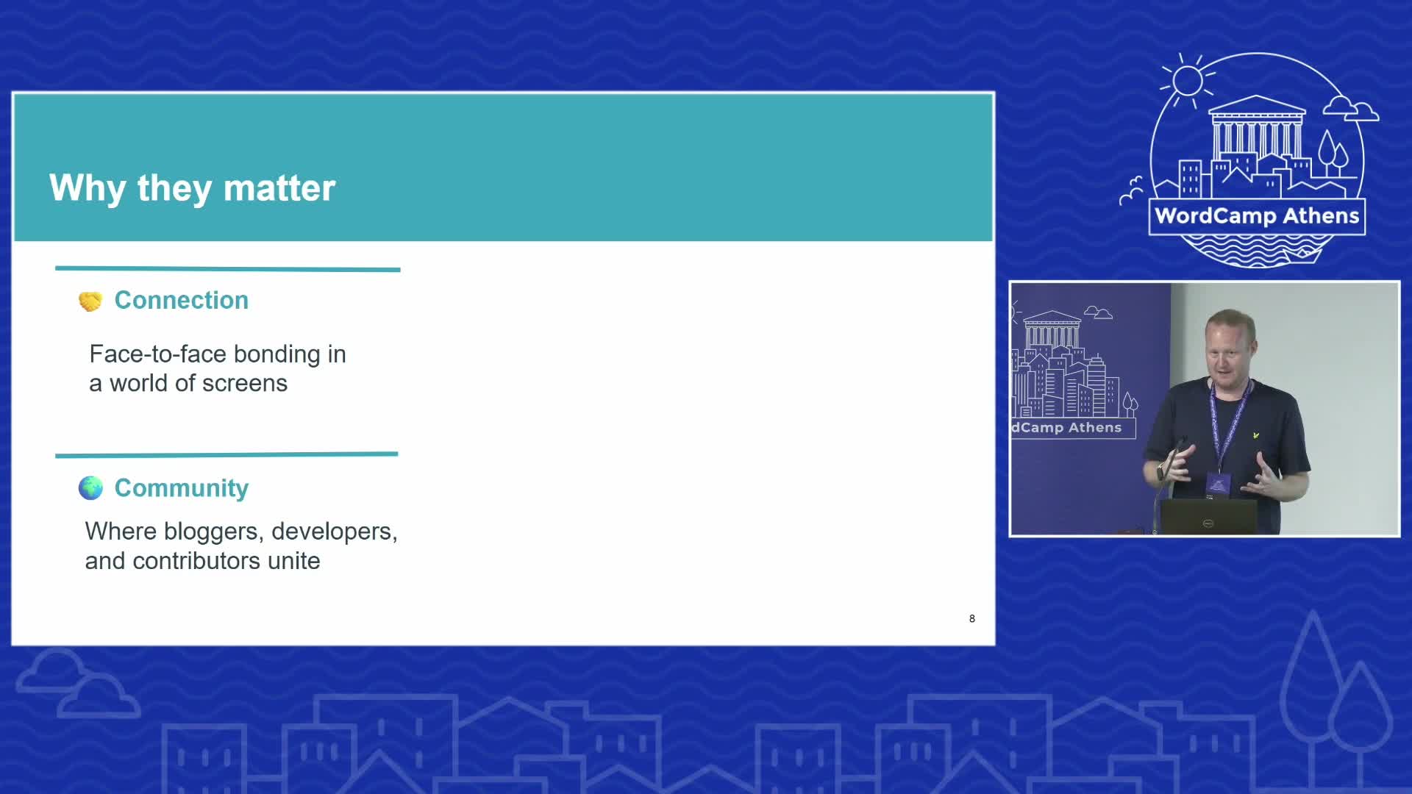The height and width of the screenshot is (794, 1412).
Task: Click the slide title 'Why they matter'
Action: pyautogui.click(x=193, y=188)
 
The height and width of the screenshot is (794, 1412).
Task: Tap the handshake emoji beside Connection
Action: pyautogui.click(x=90, y=301)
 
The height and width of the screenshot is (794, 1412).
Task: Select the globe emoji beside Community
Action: pyautogui.click(x=90, y=488)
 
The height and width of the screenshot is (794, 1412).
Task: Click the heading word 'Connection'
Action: pyautogui.click(x=182, y=300)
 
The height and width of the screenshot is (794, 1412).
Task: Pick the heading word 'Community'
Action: pyautogui.click(x=182, y=488)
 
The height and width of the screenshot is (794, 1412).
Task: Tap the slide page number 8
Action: pyautogui.click(x=972, y=619)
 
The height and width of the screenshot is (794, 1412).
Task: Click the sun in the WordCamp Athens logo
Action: pyautogui.click(x=1187, y=80)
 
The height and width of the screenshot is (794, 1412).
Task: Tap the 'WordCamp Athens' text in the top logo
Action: pyautogui.click(x=1257, y=216)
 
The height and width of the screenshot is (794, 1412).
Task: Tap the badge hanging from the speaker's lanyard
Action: pyautogui.click(x=1218, y=484)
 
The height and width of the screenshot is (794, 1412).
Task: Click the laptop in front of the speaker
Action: pyautogui.click(x=1208, y=516)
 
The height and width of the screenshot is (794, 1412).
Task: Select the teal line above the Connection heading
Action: pyautogui.click(x=228, y=269)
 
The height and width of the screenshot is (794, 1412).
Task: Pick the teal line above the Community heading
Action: pyautogui.click(x=227, y=455)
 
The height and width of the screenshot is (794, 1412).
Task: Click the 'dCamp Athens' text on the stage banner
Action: pyautogui.click(x=1066, y=428)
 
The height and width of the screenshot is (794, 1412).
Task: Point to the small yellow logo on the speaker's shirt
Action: pyautogui.click(x=1256, y=435)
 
